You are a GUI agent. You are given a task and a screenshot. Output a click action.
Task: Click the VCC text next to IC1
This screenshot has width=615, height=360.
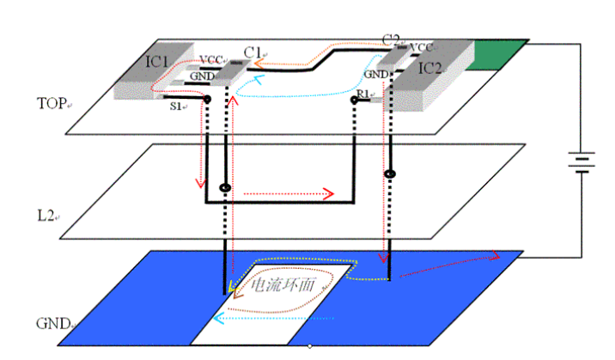pos(210,60)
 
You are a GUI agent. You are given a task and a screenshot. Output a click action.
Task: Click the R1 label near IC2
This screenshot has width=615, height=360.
pos(362,92)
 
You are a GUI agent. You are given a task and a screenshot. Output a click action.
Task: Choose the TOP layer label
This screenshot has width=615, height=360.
pos(51,104)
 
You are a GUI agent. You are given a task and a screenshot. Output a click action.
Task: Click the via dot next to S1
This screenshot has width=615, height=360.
pos(207,100)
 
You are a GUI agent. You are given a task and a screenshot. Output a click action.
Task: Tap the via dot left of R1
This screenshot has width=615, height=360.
pos(353,101)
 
